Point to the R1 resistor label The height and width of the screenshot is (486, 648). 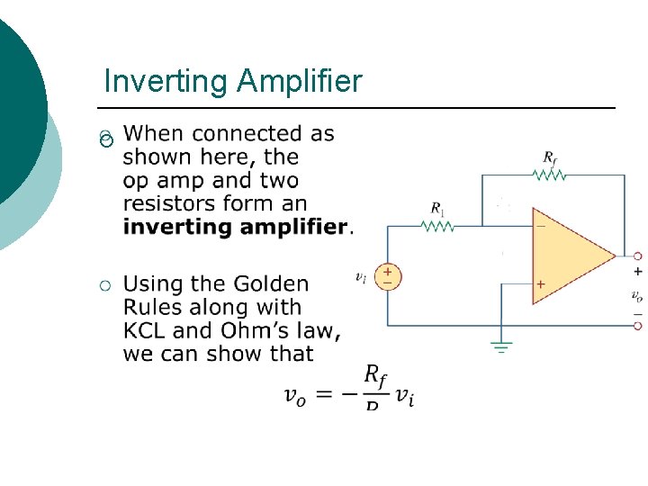coord(437,209)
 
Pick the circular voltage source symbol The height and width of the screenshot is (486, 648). coord(388,276)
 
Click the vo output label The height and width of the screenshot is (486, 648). coord(636,294)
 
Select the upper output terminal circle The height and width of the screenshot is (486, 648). coord(637,256)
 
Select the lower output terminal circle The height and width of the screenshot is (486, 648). coord(637,326)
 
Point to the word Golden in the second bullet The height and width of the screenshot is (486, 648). coord(271,284)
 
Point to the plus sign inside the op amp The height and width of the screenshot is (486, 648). coord(541,284)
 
